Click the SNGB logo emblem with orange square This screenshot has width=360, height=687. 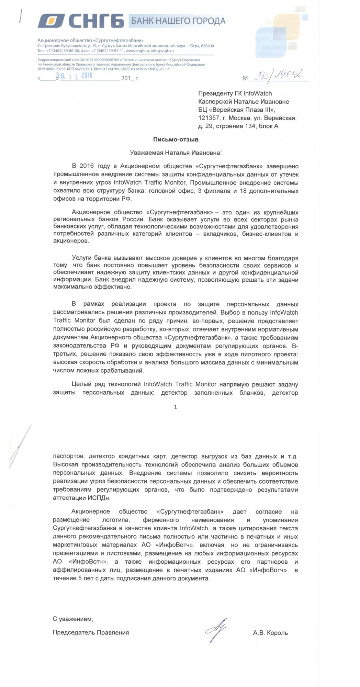(x=51, y=21)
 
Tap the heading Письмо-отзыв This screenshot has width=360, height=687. (x=176, y=139)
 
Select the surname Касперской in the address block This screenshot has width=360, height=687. (x=216, y=102)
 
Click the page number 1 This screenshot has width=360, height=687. (x=176, y=407)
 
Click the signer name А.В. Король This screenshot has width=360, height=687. (x=270, y=633)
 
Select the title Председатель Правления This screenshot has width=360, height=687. (x=91, y=633)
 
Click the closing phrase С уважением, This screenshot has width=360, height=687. (x=73, y=619)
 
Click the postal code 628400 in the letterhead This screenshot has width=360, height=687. (x=207, y=46)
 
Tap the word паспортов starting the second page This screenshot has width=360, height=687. (x=68, y=457)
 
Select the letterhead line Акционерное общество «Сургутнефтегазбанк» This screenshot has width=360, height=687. (x=90, y=41)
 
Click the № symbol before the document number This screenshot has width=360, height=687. (x=245, y=78)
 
